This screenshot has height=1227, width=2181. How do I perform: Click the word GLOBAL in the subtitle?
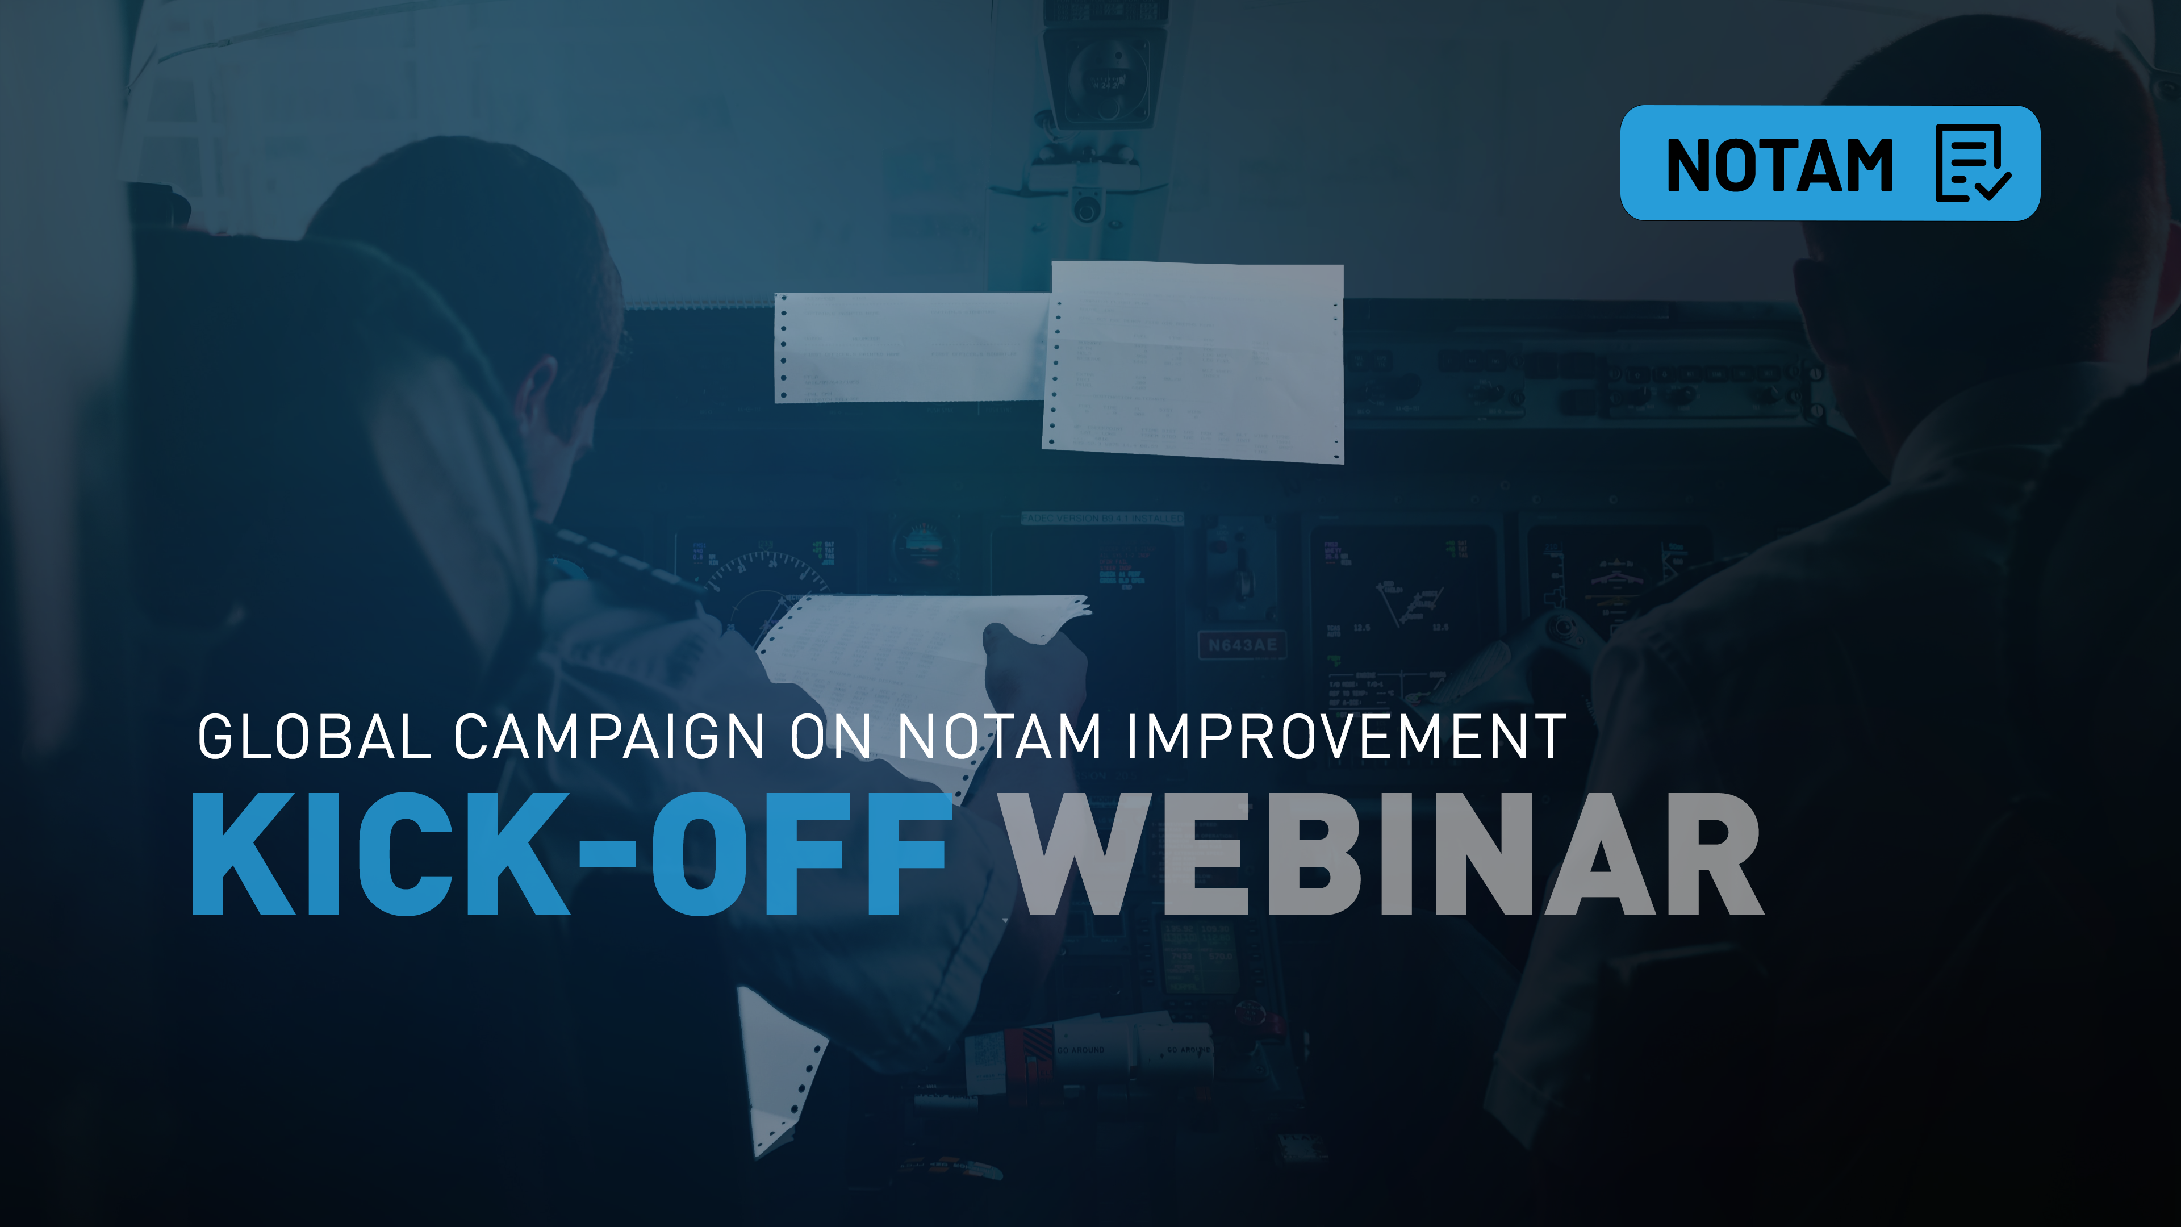click(314, 737)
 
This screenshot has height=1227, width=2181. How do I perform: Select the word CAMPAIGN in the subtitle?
click(609, 737)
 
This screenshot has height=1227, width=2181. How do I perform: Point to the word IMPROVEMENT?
click(1346, 737)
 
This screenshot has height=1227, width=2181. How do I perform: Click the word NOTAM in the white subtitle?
click(999, 737)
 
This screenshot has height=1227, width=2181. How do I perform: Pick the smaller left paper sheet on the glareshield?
click(910, 347)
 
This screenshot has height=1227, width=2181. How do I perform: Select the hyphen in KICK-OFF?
click(607, 855)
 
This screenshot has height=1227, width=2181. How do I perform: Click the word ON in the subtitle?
click(830, 737)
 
